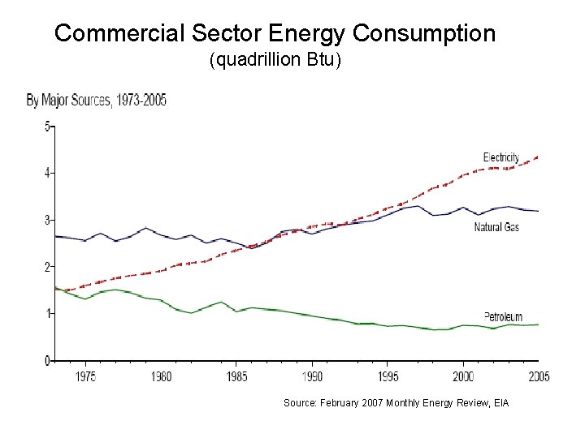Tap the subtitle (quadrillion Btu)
(x=276, y=61)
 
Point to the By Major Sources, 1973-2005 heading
(x=97, y=101)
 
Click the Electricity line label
(x=500, y=157)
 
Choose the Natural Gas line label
(x=496, y=227)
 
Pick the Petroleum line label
(x=503, y=316)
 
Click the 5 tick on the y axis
(x=46, y=126)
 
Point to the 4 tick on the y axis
(x=46, y=173)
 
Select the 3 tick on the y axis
(x=46, y=220)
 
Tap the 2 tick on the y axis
(x=46, y=266)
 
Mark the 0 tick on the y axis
(x=46, y=360)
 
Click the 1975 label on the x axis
(x=85, y=376)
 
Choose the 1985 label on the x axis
(x=236, y=376)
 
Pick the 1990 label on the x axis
(x=312, y=376)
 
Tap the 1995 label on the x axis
(x=388, y=376)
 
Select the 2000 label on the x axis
(x=463, y=376)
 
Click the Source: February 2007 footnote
(x=396, y=402)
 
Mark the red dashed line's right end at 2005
(x=537, y=157)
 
